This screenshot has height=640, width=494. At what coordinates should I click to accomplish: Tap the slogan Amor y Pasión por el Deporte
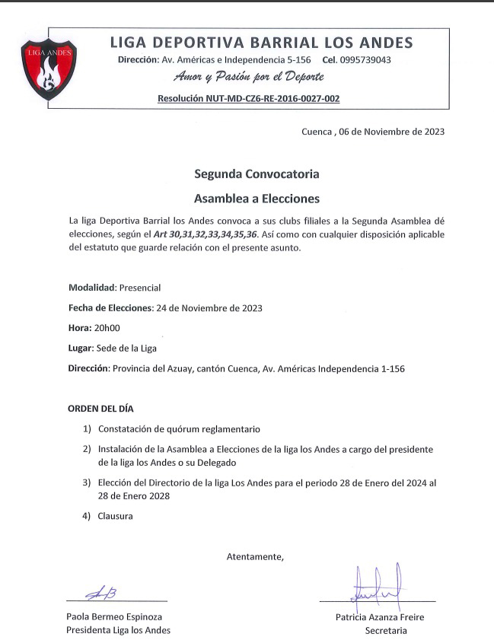pyautogui.click(x=248, y=78)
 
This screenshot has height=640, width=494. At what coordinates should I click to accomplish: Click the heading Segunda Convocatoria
pyautogui.click(x=257, y=174)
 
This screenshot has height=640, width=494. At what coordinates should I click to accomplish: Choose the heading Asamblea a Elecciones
pyautogui.click(x=257, y=199)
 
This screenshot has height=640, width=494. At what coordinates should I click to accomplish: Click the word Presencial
pyautogui.click(x=140, y=287)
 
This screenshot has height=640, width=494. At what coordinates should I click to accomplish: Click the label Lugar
pyautogui.click(x=80, y=348)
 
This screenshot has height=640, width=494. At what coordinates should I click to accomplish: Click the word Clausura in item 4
pyautogui.click(x=115, y=516)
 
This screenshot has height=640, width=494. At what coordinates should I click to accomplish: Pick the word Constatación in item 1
pyautogui.click(x=127, y=428)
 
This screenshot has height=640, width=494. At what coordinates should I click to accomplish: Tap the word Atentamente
pyautogui.click(x=255, y=556)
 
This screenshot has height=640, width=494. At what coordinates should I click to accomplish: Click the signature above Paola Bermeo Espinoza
pyautogui.click(x=101, y=593)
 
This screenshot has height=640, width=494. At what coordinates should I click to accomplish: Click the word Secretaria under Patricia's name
pyautogui.click(x=385, y=630)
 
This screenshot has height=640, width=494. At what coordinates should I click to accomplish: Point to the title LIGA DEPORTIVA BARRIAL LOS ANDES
pyautogui.click(x=261, y=42)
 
